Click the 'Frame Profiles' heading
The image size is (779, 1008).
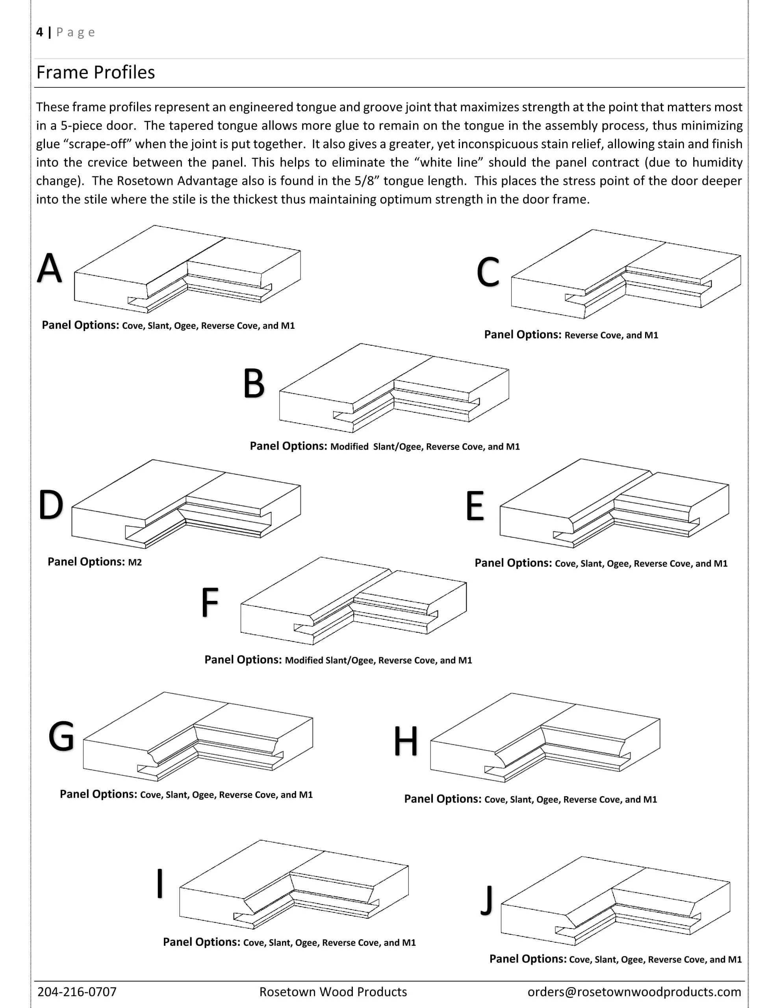[96, 72]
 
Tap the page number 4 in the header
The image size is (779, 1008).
[40, 32]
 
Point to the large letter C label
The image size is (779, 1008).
[488, 272]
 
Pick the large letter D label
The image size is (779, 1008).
[50, 504]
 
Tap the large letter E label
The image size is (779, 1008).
[475, 506]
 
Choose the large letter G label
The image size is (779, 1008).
[61, 737]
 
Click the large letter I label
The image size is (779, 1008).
[160, 884]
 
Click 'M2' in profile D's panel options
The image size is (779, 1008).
[135, 562]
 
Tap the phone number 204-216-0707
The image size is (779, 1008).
[77, 992]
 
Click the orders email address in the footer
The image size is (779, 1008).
[634, 992]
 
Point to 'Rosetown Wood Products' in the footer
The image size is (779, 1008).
[333, 992]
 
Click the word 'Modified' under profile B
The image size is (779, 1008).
[349, 447]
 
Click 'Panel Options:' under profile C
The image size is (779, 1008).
[522, 335]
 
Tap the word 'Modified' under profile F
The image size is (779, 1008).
[304, 660]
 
